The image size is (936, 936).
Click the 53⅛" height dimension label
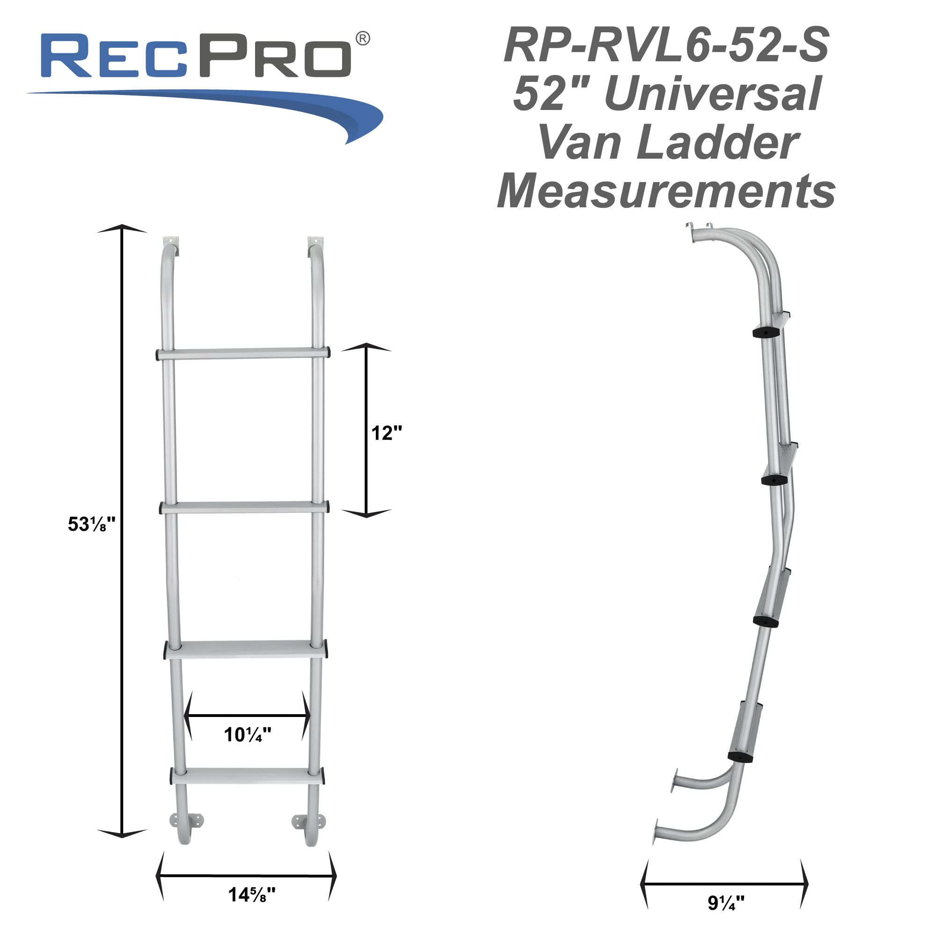91,524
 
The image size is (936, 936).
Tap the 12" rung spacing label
386,433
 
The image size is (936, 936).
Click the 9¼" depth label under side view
725,903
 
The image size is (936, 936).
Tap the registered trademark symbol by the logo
362,39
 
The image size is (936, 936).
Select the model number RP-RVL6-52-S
666,45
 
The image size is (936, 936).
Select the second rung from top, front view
245,507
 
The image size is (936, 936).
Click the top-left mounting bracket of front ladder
171,241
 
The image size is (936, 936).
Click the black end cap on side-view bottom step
740,757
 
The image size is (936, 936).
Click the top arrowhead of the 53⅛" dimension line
122,229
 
